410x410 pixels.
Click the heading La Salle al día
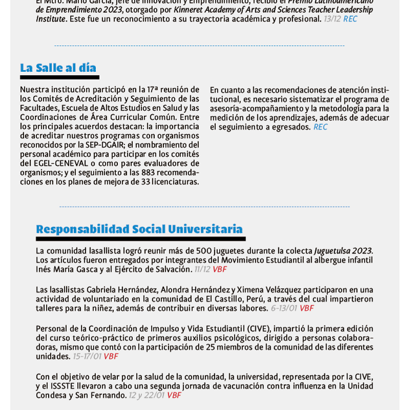click(58, 68)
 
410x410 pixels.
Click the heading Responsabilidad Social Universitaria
click(139, 229)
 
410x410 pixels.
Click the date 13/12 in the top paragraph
click(332, 19)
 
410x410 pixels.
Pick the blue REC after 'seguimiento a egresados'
click(320, 127)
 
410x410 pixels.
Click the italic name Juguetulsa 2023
click(343, 251)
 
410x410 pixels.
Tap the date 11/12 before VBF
click(202, 269)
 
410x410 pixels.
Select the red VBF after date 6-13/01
click(306, 308)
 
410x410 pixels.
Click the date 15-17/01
click(87, 356)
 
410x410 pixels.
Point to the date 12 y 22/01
click(147, 395)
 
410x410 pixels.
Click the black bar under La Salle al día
click(59, 77)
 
